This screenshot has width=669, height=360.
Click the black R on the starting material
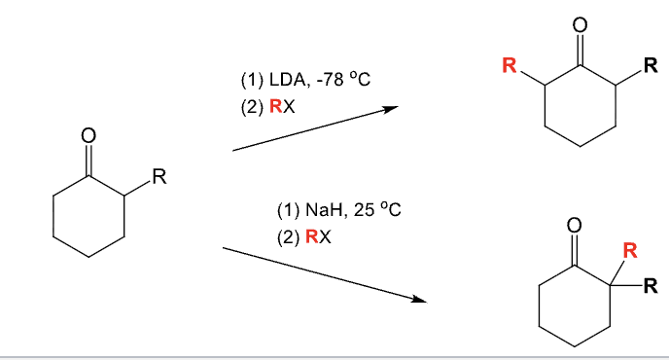(159, 178)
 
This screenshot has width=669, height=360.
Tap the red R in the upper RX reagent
(276, 106)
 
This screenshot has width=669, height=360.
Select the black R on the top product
(651, 67)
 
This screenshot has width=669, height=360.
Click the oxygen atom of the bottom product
(574, 226)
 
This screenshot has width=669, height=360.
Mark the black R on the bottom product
(651, 286)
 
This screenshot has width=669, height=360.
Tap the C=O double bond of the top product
(581, 48)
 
